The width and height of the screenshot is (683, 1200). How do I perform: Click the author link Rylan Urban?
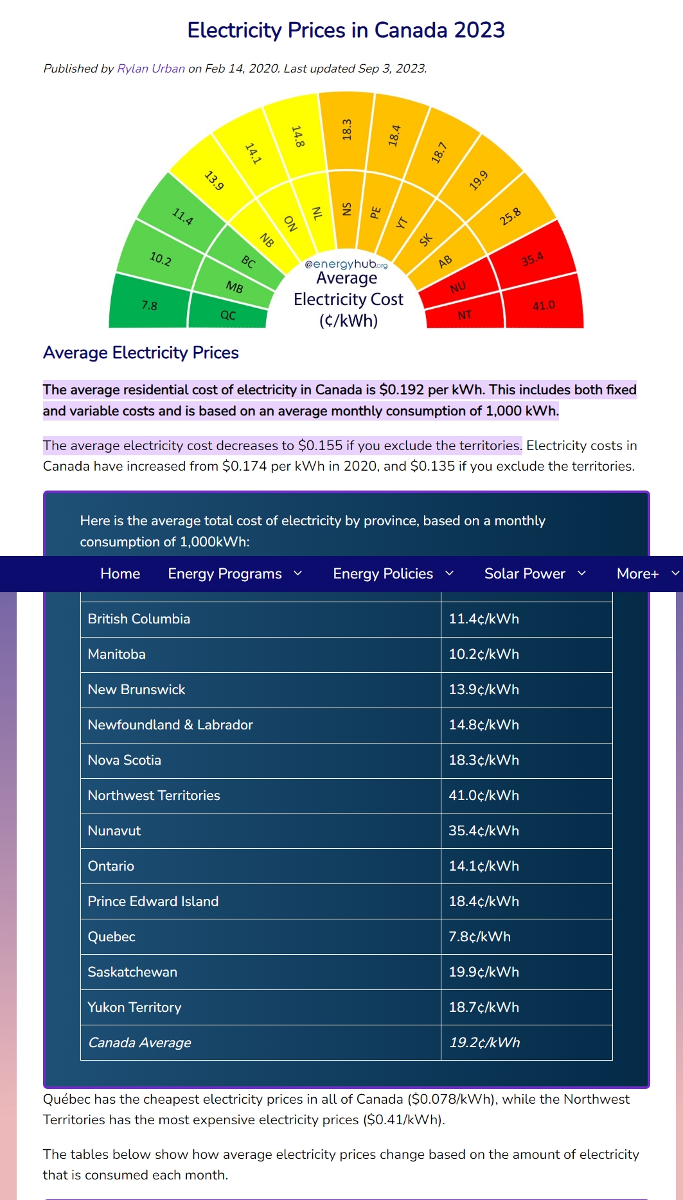point(151,69)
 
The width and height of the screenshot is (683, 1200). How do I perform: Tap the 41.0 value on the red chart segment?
point(544,306)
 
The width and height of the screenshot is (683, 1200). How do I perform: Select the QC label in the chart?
point(228,315)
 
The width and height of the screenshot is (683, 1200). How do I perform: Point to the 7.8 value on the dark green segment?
point(149,306)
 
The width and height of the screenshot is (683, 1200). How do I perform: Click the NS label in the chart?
point(347,209)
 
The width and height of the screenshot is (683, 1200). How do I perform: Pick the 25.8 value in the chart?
point(510,217)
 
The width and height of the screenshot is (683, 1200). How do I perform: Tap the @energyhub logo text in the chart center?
point(346,264)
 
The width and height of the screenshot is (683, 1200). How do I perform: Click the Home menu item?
point(120,573)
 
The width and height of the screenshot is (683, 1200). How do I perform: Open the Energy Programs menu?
point(225,573)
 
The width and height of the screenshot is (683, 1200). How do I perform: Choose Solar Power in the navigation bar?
point(524,573)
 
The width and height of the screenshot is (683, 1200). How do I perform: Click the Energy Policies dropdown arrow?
point(450,573)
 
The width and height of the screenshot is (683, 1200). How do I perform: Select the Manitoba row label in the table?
point(117,654)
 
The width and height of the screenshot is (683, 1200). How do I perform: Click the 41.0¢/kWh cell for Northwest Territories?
point(484,796)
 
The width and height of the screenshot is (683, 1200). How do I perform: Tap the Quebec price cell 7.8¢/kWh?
point(479,937)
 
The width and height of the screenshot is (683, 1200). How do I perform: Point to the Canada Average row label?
point(139,1043)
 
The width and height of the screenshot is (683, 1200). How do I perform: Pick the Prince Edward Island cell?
point(153,901)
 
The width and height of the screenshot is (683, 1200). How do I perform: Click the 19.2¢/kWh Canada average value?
point(484,1043)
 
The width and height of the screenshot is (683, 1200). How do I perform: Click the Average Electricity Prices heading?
point(141,352)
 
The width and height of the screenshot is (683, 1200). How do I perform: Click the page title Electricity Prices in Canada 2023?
point(346,30)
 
